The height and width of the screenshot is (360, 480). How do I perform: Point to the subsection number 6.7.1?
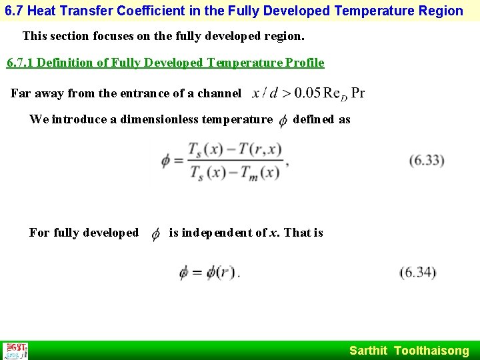[x=21, y=63]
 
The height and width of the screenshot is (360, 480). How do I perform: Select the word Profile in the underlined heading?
[x=304, y=63]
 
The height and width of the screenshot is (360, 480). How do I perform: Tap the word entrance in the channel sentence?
[x=127, y=93]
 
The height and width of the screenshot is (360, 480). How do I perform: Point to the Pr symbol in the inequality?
[x=357, y=93]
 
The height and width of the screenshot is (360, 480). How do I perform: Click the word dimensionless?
[x=163, y=119]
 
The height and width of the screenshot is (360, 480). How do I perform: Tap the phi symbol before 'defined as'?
[x=283, y=120]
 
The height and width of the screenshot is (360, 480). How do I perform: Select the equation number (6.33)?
[x=427, y=160]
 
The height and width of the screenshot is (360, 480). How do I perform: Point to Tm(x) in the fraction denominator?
[x=261, y=173]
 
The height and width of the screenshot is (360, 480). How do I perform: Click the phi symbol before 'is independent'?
[x=155, y=233]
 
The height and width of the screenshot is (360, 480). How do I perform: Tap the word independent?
[x=217, y=233]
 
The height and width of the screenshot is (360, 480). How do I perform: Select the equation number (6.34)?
[x=417, y=272]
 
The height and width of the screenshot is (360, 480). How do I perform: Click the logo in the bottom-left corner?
[x=15, y=351]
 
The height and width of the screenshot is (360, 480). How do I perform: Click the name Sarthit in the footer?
[x=368, y=351]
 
